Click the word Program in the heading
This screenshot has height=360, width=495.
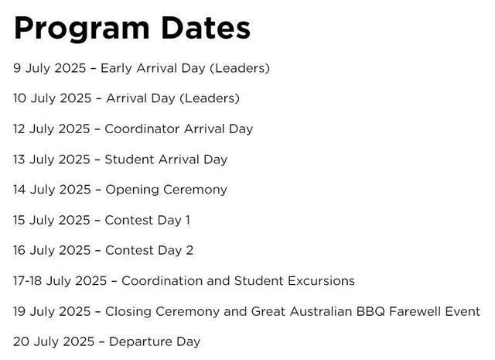click(81, 29)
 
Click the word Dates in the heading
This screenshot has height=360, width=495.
click(206, 28)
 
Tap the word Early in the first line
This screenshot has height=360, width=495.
click(116, 69)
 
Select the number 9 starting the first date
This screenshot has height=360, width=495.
click(17, 68)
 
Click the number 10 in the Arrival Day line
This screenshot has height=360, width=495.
click(19, 98)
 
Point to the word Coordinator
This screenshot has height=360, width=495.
click(142, 129)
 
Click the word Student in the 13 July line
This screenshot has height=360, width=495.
click(129, 159)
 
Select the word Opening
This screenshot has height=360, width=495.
click(132, 190)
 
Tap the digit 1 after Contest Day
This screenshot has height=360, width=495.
click(188, 220)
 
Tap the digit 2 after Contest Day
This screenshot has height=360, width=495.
click(189, 250)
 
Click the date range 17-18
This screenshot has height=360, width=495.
click(28, 281)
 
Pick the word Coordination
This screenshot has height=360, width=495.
click(162, 281)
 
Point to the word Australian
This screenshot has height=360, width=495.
click(321, 311)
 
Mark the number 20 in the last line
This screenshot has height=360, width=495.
click(22, 341)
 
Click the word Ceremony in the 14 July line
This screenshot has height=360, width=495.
click(195, 190)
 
